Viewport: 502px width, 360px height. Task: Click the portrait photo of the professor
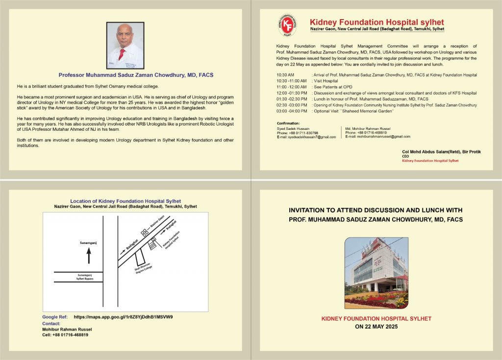[125, 46]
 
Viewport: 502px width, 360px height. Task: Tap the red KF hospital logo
[287, 25]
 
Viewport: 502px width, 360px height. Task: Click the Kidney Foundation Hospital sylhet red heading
[376, 22]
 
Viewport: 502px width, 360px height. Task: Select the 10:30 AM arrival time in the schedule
[285, 75]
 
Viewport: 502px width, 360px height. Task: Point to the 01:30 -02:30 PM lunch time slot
[292, 99]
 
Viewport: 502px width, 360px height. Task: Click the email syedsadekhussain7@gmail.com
[306, 137]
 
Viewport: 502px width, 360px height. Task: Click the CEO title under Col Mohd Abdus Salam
[405, 156]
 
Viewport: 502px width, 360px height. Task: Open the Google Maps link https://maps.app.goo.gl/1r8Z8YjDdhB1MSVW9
[123, 317]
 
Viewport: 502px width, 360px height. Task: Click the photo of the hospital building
[376, 273]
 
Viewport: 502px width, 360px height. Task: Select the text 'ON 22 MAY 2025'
[376, 326]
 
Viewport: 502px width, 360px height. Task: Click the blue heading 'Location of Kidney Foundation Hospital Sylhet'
[125, 201]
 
